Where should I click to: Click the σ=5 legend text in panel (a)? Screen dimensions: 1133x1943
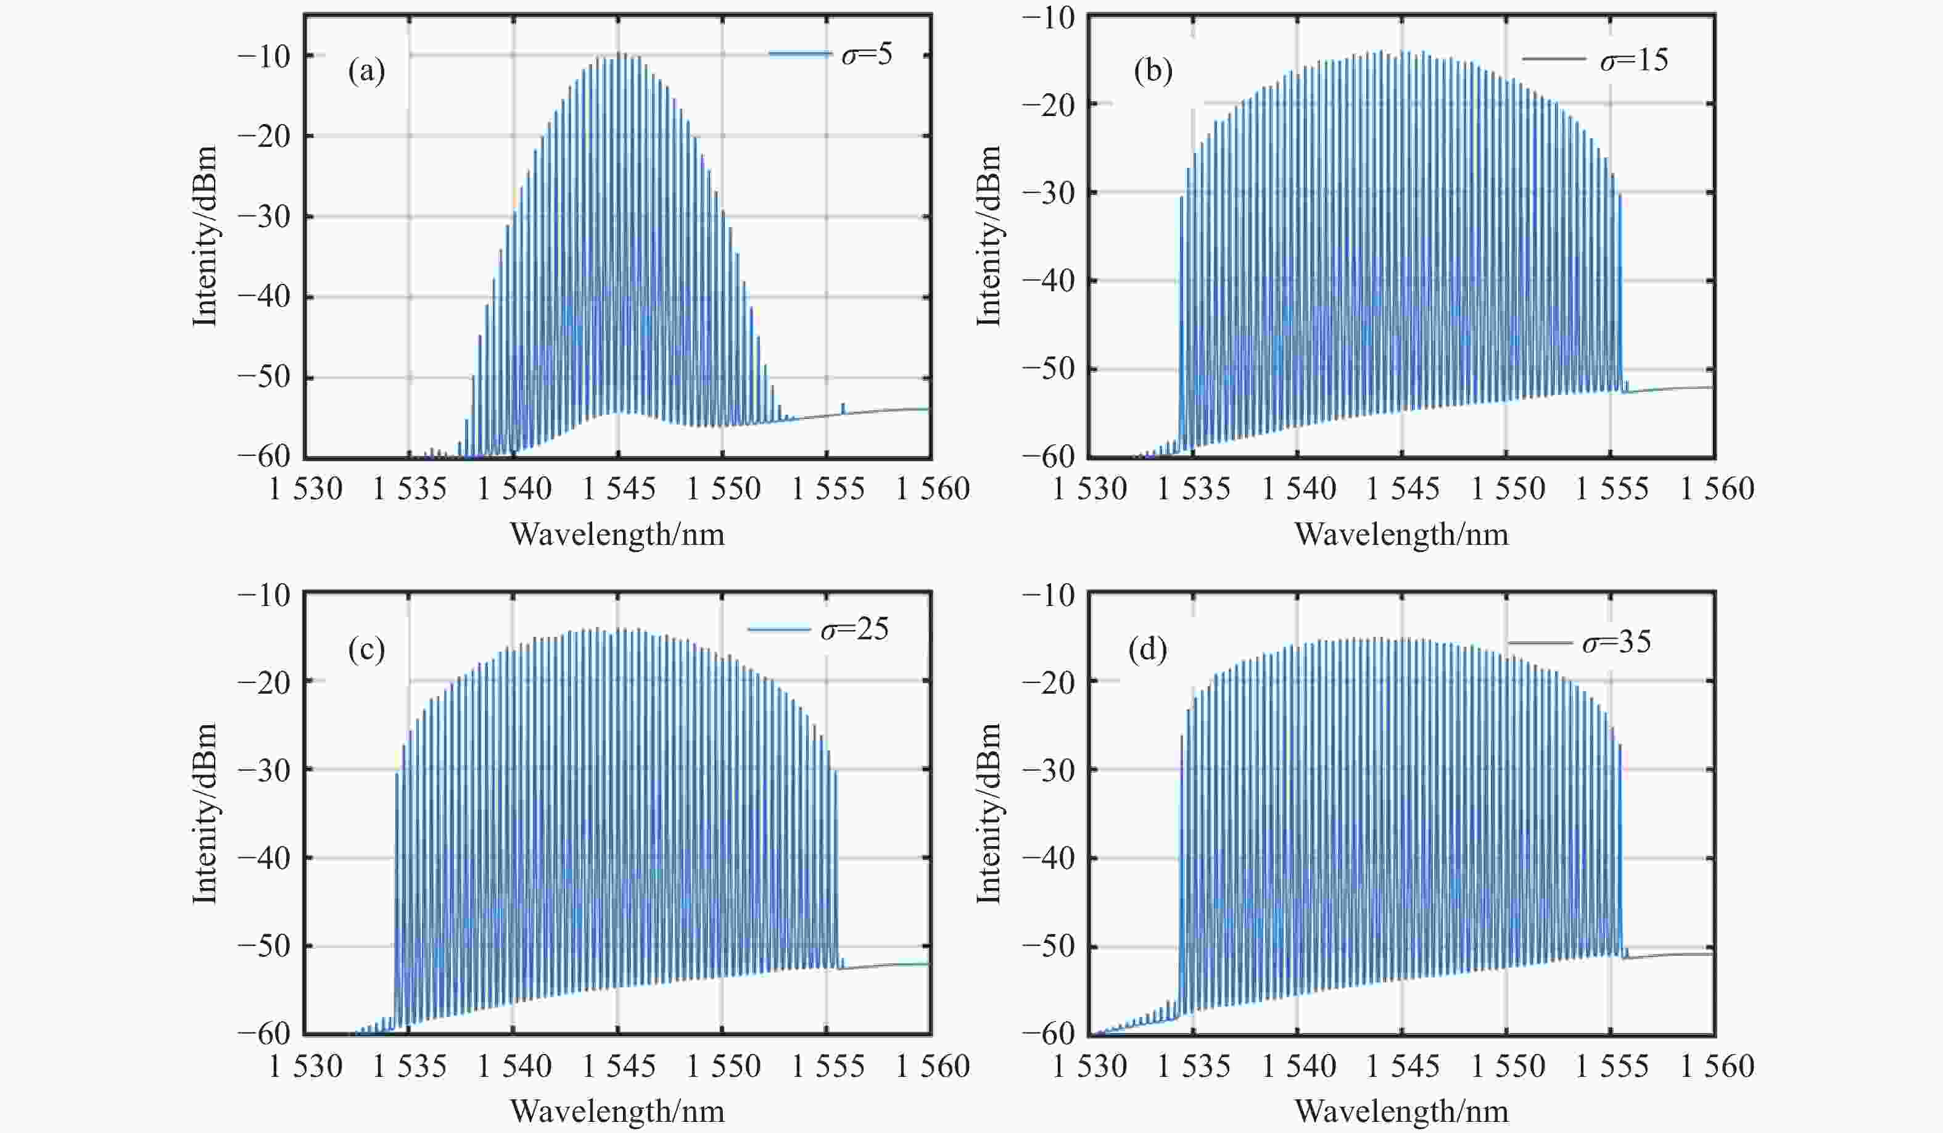coord(867,55)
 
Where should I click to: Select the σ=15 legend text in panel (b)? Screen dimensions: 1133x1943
coord(1634,60)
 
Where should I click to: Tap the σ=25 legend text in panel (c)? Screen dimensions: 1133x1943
coord(854,629)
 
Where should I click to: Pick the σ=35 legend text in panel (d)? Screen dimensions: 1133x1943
coord(1616,642)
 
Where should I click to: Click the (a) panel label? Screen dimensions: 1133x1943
coord(366,72)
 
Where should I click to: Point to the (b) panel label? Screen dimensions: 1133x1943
coord(1153,72)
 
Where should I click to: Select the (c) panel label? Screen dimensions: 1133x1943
coord(366,650)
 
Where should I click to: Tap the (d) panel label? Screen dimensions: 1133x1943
coord(1147,650)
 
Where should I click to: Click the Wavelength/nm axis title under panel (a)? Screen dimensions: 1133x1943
coord(617,534)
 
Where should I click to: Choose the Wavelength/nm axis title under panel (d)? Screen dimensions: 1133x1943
coord(1401,1111)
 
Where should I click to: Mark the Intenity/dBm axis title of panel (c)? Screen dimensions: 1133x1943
coord(204,814)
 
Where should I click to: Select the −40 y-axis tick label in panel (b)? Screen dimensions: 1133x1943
coord(1048,281)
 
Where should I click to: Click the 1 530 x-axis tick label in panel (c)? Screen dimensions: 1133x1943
coord(305,1066)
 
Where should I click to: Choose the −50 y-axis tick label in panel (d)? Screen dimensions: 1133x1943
coord(1048,947)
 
